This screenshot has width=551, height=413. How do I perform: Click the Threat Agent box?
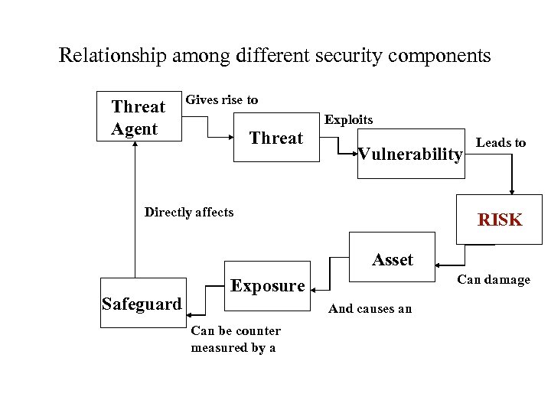(x=138, y=118)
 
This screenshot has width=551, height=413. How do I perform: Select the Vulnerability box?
(x=411, y=154)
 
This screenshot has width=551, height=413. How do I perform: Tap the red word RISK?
(x=500, y=220)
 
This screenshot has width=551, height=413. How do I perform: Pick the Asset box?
(x=392, y=260)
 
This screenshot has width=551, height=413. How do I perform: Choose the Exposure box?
(x=267, y=286)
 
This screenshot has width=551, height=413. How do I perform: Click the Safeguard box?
(x=142, y=304)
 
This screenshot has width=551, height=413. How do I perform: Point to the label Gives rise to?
(x=222, y=100)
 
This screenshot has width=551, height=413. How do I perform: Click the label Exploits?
(x=349, y=119)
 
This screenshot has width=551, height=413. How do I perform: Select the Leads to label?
(x=501, y=142)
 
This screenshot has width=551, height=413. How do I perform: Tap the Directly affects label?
(x=189, y=212)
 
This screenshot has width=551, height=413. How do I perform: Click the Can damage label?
(x=494, y=279)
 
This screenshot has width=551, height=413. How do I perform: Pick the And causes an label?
(x=370, y=308)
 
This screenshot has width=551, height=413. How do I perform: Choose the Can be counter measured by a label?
(x=236, y=339)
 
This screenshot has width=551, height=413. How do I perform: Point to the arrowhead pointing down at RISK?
(x=512, y=190)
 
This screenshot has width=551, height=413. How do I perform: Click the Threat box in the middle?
(x=276, y=138)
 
